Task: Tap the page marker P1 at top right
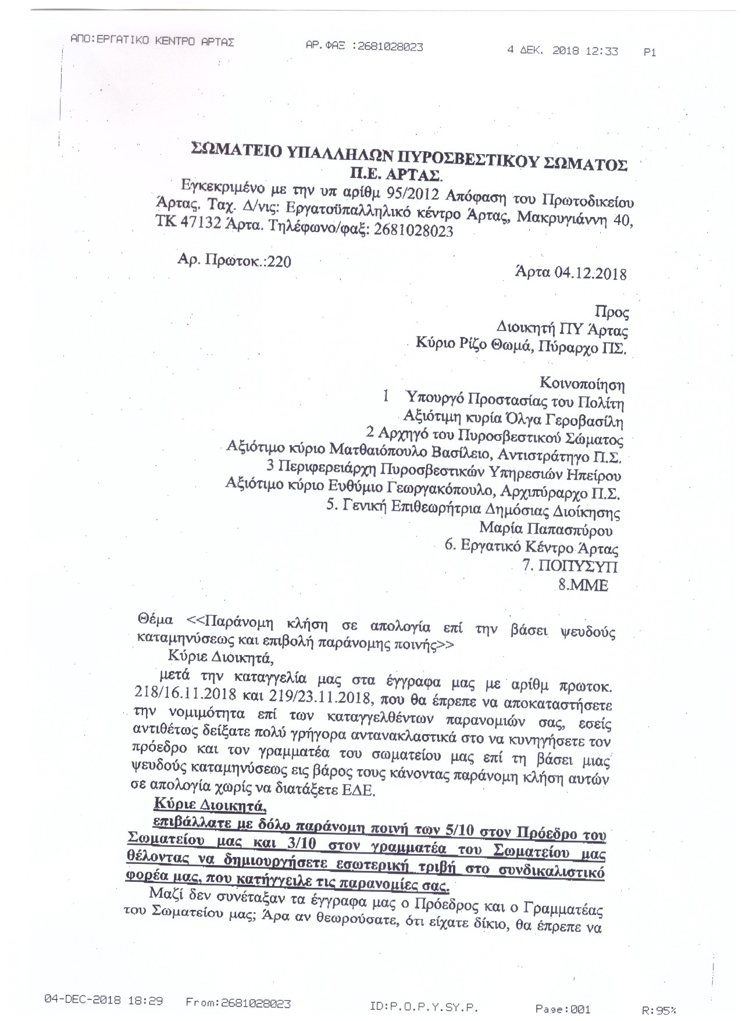(650, 52)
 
